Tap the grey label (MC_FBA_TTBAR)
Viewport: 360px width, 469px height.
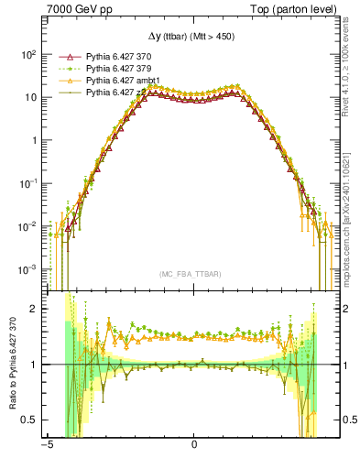[194, 274]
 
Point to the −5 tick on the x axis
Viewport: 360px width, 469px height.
[46, 451]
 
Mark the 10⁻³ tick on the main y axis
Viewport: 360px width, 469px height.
[27, 269]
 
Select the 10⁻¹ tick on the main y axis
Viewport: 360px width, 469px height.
[27, 183]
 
